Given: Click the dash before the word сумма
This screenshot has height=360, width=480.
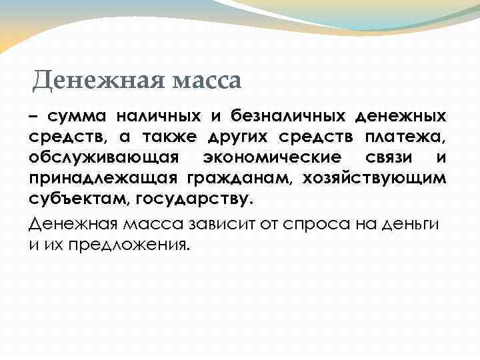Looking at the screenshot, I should (x=33, y=117).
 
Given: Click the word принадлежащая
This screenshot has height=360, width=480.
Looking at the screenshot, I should (x=99, y=179).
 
